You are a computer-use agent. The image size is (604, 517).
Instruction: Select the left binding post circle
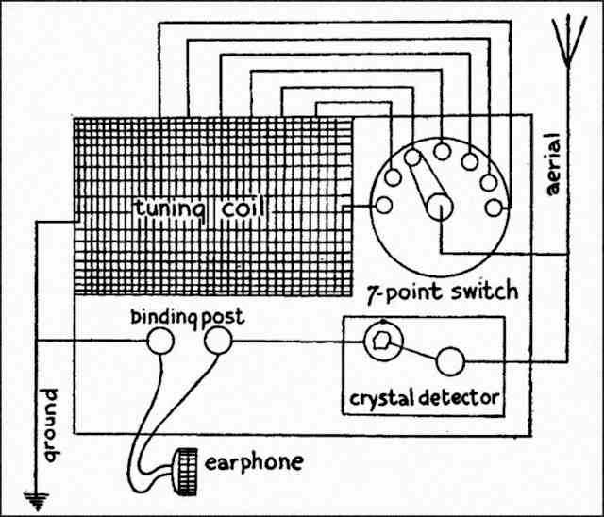coord(160,340)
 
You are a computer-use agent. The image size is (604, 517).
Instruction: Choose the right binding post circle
coord(216,341)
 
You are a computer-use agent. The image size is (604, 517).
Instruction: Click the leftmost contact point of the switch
coord(384,205)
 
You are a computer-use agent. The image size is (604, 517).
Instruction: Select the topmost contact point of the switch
coord(441,147)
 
